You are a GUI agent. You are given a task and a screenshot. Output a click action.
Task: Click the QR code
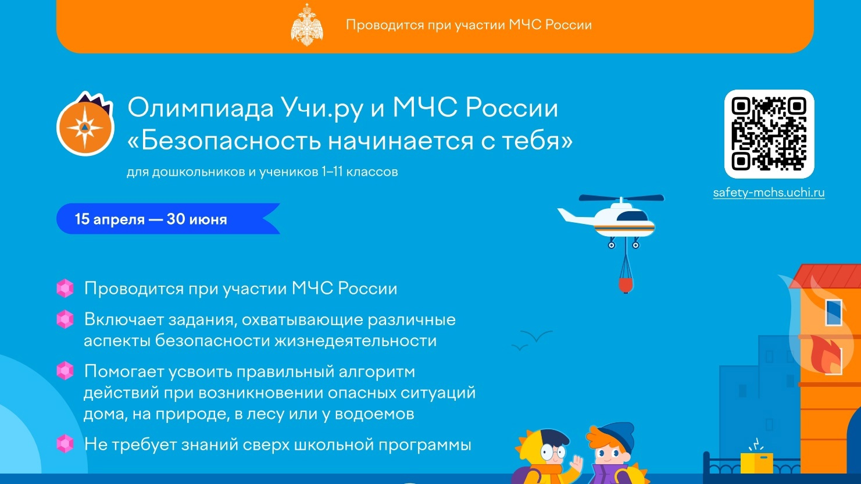coord(769,134)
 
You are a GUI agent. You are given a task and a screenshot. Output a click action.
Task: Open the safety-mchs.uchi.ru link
coord(769,193)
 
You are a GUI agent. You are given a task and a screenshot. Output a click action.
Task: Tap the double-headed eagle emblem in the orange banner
coord(307,25)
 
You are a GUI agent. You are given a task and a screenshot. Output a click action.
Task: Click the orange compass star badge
coord(85,124)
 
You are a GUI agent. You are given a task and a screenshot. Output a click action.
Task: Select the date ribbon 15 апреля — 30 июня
coord(168,219)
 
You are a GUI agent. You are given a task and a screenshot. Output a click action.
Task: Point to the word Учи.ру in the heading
coord(321,109)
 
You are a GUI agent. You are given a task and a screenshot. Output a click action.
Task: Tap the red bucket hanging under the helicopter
coord(626,285)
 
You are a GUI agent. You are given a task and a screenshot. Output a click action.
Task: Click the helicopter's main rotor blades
coord(621,198)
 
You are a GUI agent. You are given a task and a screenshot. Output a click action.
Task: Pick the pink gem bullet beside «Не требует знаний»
coord(65,444)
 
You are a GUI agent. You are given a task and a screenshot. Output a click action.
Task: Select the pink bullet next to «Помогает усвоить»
coord(65,371)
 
